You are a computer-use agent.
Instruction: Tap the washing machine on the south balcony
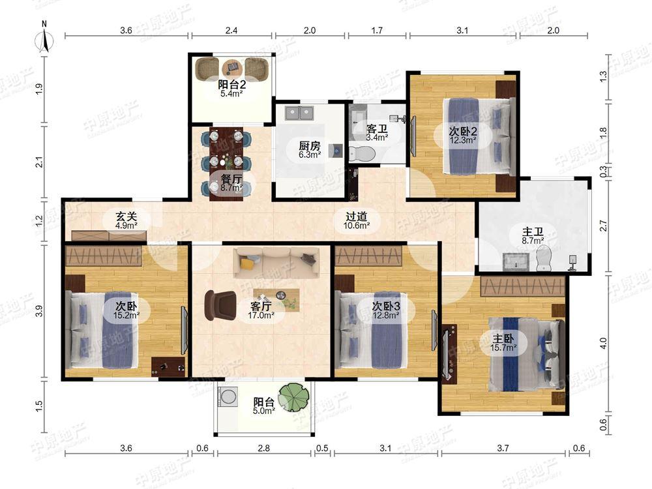(228, 396)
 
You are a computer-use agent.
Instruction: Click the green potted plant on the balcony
(295, 396)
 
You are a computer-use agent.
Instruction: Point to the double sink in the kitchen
(299, 113)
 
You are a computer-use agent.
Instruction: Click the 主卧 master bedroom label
(503, 338)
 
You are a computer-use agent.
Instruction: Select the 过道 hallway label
(357, 216)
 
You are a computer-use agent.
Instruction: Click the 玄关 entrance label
(126, 216)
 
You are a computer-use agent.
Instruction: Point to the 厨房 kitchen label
(310, 146)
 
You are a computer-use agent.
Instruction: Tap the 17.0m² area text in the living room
(261, 315)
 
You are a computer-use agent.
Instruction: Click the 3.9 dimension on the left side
(39, 311)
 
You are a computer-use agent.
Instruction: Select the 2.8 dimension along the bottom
(263, 448)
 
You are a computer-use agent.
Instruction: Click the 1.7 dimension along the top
(377, 31)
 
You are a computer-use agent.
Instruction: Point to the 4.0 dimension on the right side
(604, 343)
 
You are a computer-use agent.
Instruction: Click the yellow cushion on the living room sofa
(248, 263)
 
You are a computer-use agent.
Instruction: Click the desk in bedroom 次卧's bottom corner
(168, 366)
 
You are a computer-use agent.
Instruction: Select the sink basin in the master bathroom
(517, 261)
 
